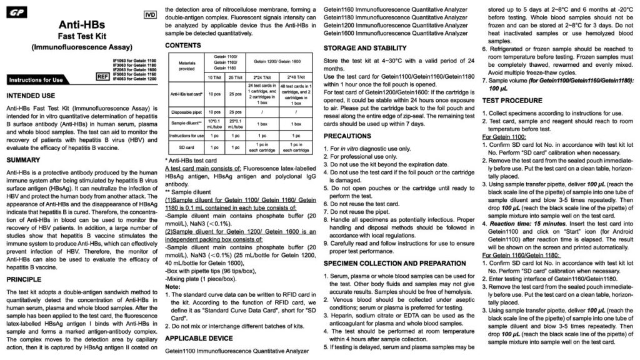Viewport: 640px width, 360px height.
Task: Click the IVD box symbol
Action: point(150,14)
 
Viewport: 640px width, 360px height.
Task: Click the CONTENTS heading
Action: point(183,46)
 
